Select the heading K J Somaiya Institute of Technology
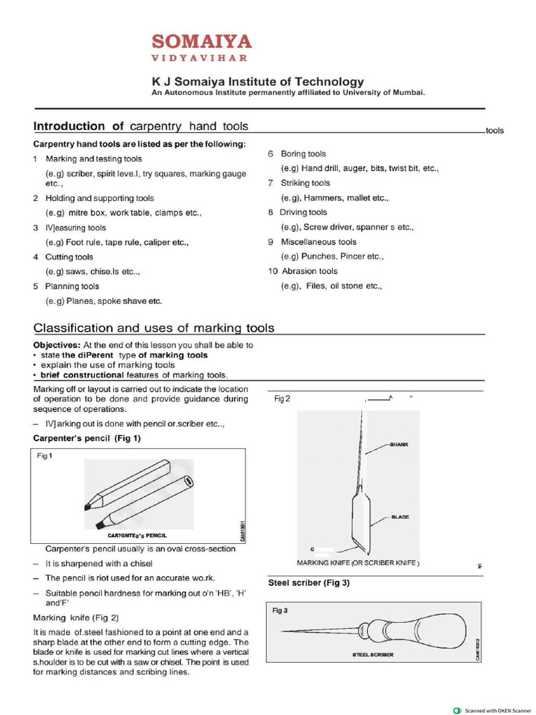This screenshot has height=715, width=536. [x=258, y=82]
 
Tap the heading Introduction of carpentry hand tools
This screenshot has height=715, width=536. [x=141, y=126]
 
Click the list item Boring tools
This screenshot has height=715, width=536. [x=303, y=154]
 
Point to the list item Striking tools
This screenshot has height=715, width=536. [x=305, y=183]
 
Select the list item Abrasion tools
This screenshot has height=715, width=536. [x=308, y=271]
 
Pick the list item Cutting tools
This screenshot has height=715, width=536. [x=69, y=257]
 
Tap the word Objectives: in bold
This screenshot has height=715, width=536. [x=57, y=345]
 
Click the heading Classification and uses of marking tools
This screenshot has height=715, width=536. [x=154, y=328]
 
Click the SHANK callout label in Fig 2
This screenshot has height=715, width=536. [x=399, y=444]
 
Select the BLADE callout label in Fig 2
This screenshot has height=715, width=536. [x=400, y=517]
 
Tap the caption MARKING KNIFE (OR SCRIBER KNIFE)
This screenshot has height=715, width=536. [x=358, y=563]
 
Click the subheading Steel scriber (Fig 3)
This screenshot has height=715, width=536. [x=308, y=582]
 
